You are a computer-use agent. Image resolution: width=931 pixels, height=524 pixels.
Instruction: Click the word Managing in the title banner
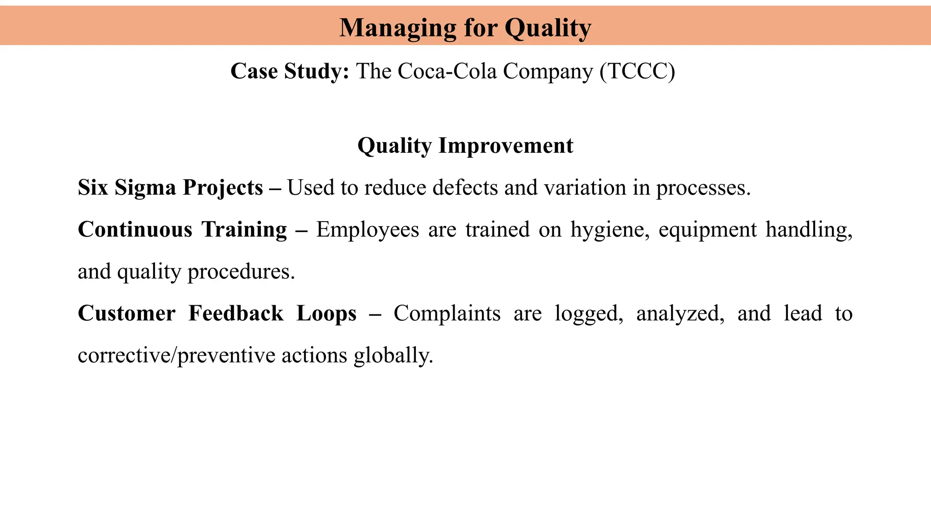(x=398, y=28)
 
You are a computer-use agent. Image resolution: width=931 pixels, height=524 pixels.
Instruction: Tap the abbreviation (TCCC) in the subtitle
(x=637, y=71)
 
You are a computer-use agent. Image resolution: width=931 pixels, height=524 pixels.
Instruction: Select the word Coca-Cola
(x=447, y=71)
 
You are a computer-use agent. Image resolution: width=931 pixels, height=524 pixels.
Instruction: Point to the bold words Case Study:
(x=290, y=71)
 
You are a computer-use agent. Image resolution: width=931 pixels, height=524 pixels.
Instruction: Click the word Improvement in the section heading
(x=506, y=146)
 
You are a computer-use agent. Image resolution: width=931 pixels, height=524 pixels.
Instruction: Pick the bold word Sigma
(x=145, y=188)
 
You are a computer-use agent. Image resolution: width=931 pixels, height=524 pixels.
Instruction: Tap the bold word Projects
(x=223, y=188)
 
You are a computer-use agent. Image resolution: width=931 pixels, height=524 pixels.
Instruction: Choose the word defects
(x=465, y=188)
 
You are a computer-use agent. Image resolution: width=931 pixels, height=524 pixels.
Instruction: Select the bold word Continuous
(x=135, y=230)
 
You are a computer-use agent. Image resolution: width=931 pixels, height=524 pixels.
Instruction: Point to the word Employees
(x=367, y=230)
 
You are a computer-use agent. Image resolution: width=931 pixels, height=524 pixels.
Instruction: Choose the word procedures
(x=241, y=272)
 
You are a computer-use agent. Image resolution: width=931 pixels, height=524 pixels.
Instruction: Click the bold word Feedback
(x=236, y=313)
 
